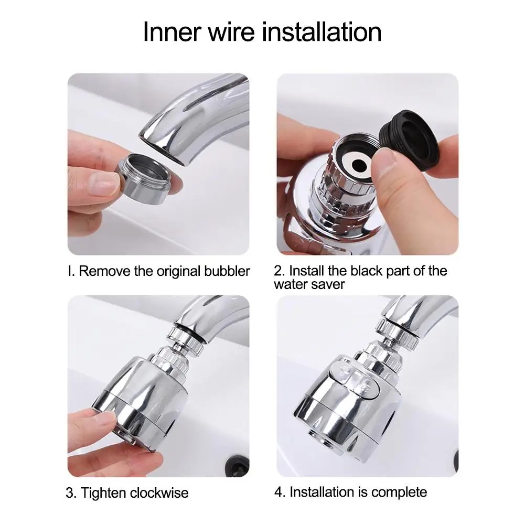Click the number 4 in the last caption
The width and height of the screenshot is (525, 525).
click(278, 492)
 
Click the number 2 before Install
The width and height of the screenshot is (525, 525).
click(278, 272)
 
